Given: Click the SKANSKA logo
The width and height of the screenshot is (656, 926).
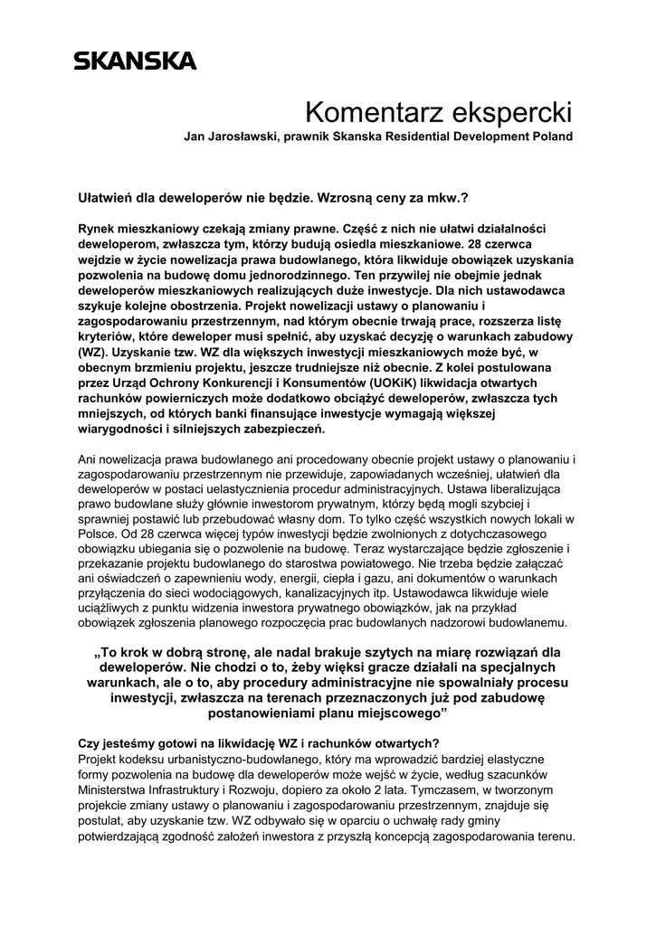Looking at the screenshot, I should click(x=134, y=61).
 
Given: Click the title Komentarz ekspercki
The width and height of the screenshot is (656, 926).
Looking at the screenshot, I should click(x=439, y=114).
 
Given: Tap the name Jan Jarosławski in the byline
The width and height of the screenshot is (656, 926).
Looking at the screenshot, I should click(x=230, y=137).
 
